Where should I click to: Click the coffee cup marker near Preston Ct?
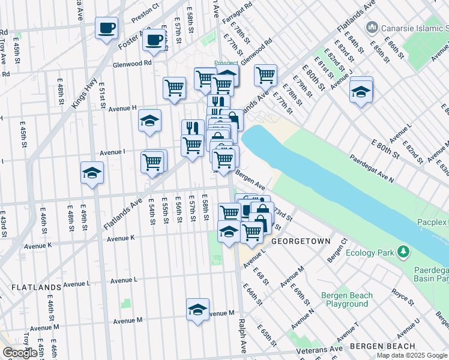(106, 28)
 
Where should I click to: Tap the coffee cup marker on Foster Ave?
(154, 40)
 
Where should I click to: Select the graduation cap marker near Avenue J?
(361, 91)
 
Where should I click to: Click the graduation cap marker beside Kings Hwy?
(92, 172)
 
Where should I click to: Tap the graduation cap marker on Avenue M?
(197, 310)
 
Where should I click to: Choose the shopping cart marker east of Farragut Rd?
(265, 75)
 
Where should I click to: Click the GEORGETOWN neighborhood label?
(301, 241)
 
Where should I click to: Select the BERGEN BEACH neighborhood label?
(382, 346)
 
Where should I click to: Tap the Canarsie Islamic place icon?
(372, 28)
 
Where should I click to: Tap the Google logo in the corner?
(20, 353)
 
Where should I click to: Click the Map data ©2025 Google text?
(412, 355)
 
